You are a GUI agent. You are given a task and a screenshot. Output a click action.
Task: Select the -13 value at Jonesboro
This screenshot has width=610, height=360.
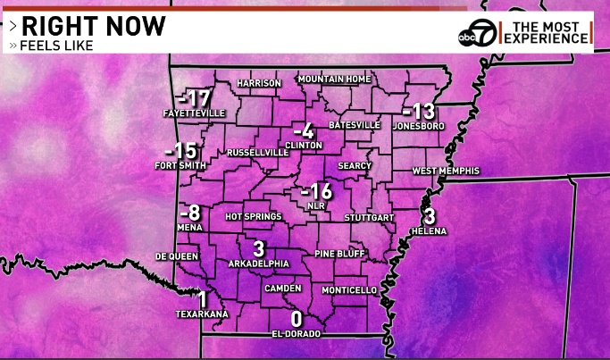(x=418, y=112)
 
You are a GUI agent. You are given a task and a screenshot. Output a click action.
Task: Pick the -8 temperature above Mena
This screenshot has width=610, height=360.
(x=189, y=213)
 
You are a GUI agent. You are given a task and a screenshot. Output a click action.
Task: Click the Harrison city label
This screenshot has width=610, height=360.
(x=259, y=84)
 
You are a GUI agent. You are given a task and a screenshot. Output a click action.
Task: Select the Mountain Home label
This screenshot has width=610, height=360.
(x=334, y=80)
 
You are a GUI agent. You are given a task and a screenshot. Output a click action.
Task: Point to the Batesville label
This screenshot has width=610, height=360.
(x=355, y=124)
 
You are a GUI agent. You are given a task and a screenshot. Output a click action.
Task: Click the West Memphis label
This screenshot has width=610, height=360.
(x=446, y=171)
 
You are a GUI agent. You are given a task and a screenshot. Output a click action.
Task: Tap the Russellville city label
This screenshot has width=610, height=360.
(x=258, y=153)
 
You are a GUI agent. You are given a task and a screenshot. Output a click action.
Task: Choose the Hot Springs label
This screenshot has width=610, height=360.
(x=254, y=216)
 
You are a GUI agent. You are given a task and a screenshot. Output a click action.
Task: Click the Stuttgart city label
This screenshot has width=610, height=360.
(x=370, y=217)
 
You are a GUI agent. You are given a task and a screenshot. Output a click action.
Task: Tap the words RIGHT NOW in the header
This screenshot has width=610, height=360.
(x=94, y=26)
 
